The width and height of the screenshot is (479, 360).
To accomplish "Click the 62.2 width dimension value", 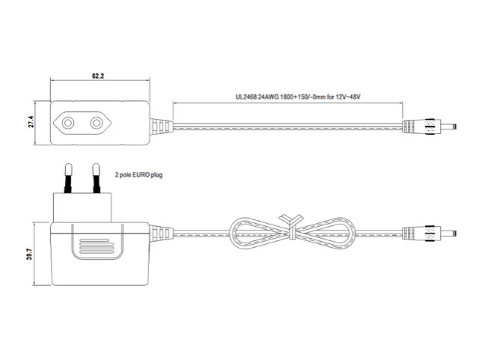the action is (98, 76).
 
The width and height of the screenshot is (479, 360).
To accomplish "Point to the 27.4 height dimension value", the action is (31, 122).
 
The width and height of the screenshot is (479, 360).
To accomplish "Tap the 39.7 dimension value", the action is (29, 254).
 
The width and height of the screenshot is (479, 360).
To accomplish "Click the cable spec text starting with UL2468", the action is (298, 97).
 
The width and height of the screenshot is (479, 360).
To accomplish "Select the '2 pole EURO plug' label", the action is (138, 175).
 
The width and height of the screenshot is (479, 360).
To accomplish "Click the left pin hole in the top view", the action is (68, 123).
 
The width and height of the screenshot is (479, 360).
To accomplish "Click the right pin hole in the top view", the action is (97, 123).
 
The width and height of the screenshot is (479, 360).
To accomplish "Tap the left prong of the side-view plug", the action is (68, 178).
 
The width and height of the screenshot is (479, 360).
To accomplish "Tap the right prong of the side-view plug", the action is (97, 178).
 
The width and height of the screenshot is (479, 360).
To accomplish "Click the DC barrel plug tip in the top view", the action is (448, 126).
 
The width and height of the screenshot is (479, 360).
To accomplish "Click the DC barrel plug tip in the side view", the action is (448, 234).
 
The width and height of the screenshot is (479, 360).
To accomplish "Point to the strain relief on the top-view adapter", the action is (162, 126).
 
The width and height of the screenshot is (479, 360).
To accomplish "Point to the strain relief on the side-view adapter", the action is (162, 234).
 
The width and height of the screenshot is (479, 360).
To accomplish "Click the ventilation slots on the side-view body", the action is (97, 246).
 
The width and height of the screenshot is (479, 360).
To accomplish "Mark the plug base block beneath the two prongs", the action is (82, 207).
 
